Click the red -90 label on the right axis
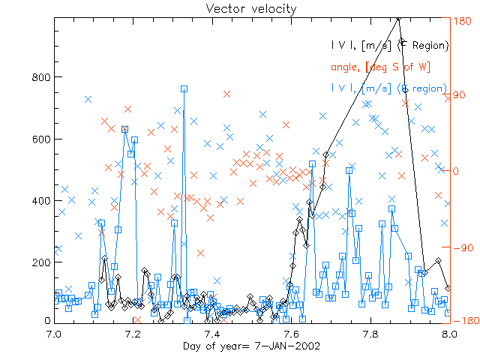click(459, 247)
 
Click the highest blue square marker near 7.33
click(184, 88)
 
